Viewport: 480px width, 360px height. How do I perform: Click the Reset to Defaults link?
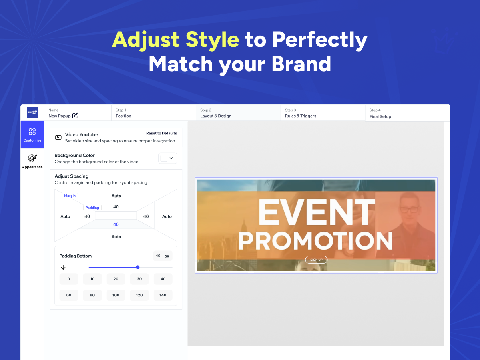(161, 133)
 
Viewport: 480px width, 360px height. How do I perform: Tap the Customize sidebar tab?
(32, 134)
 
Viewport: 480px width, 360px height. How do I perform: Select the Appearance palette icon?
(32, 158)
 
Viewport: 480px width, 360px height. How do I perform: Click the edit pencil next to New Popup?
(75, 115)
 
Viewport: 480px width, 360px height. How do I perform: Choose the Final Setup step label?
(380, 116)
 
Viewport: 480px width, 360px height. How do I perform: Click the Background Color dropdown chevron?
(171, 158)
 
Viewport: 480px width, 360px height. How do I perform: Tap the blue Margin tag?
(70, 196)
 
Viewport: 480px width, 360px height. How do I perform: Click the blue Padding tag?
(92, 208)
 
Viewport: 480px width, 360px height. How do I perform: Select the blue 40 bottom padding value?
(116, 224)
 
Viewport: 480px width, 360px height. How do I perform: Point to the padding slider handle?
(138, 267)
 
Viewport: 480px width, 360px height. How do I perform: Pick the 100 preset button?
(116, 295)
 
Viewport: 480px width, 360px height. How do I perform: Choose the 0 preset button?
(69, 279)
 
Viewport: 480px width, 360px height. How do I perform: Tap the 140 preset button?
(163, 295)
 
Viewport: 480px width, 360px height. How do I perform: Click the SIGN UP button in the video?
(316, 260)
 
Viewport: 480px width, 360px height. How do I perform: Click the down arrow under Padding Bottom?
(63, 267)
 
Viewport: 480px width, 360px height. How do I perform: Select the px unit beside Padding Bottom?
(167, 256)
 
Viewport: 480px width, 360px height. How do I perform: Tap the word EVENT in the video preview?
(317, 212)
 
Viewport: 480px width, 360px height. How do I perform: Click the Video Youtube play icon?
(58, 138)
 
